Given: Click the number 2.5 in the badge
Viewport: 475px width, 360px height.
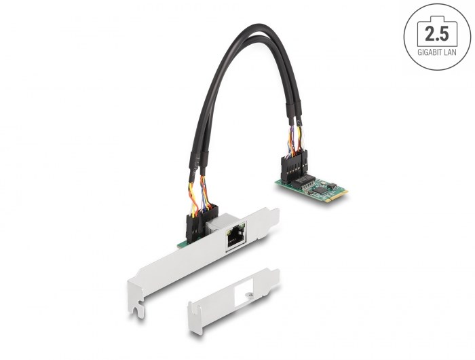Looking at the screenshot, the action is (x=436, y=33).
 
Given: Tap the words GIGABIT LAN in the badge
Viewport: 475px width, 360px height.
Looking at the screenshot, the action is (x=436, y=52).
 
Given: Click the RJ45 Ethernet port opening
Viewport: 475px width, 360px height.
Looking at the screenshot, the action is (x=235, y=238).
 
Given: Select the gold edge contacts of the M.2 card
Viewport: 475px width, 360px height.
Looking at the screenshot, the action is (x=339, y=198).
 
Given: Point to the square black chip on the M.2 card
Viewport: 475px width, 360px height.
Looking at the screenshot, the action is (x=320, y=190).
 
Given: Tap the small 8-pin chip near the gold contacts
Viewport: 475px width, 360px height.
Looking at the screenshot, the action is (x=332, y=185).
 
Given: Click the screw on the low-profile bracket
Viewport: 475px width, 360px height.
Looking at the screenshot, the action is (x=249, y=294).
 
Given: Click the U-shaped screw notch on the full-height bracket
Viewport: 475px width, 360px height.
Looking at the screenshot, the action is (x=137, y=312).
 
